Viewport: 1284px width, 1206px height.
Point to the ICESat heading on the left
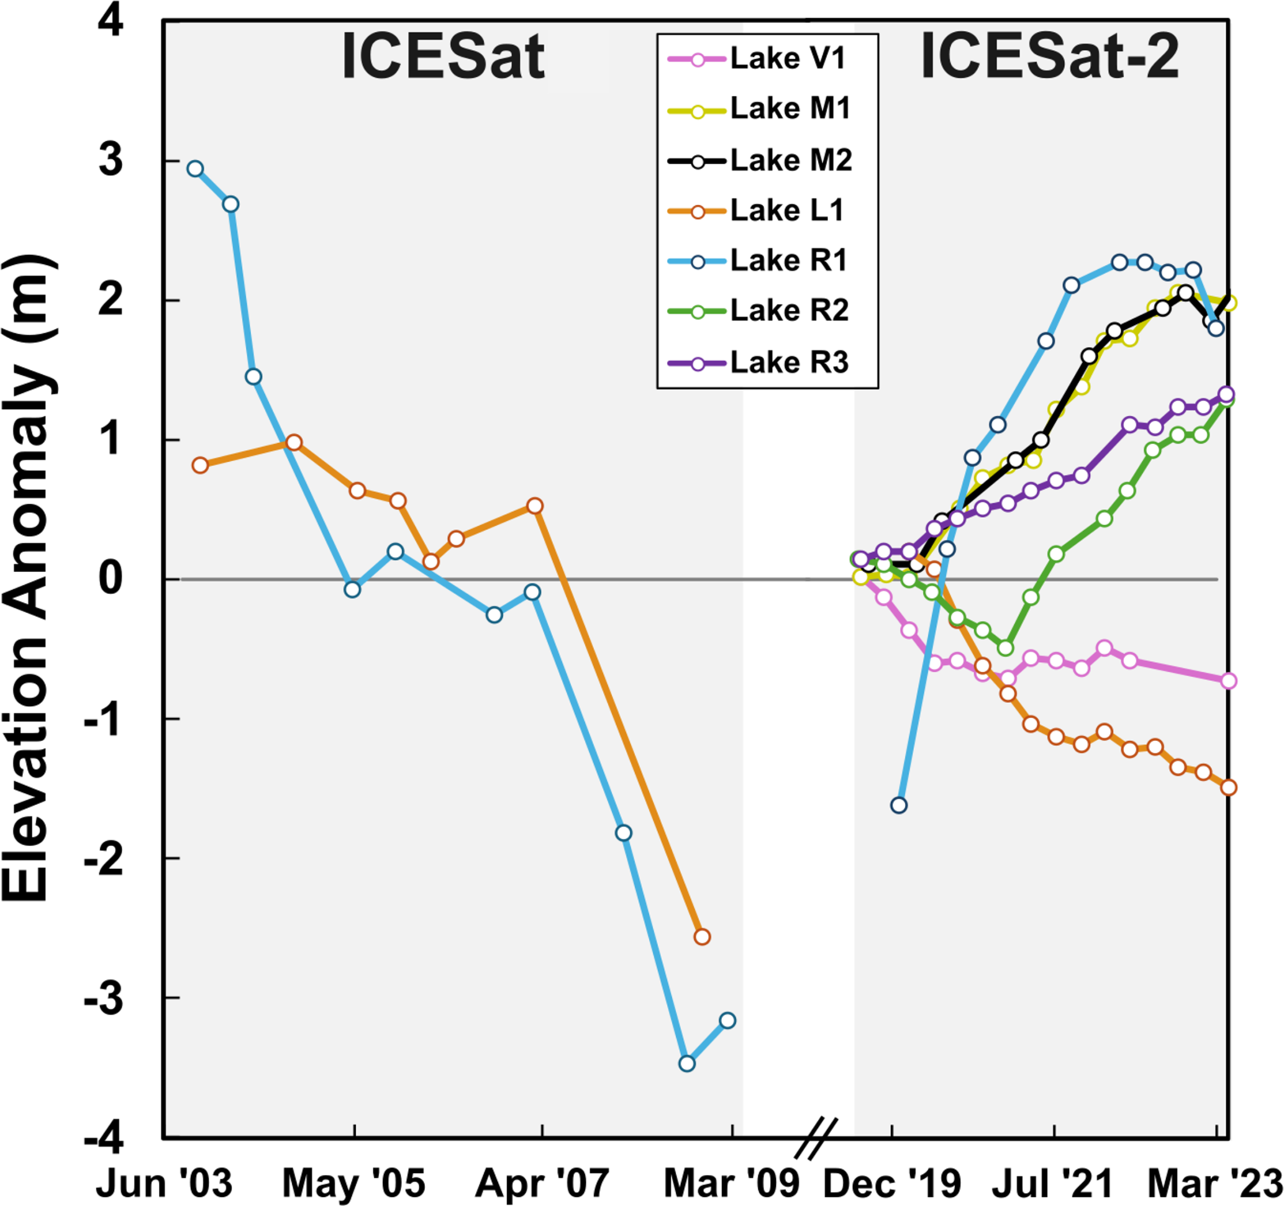pos(443,58)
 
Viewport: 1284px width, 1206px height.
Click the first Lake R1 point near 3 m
pos(195,169)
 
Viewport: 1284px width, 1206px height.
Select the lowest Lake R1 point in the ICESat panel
pos(687,1063)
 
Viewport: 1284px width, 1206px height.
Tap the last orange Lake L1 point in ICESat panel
pos(701,936)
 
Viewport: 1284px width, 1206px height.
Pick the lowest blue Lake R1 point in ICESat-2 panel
pos(898,805)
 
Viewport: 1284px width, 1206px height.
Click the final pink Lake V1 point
pos(1229,681)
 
